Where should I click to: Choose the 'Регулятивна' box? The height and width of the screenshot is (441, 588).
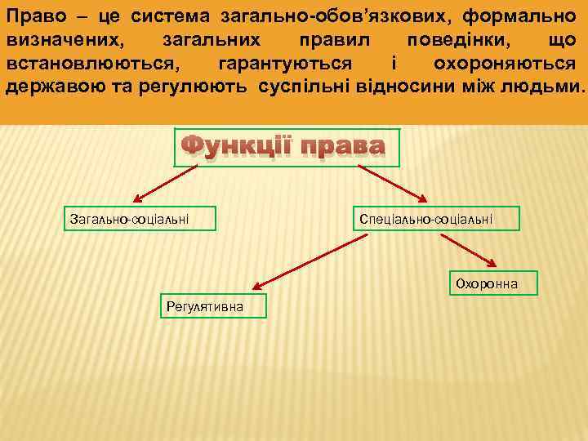tap(203, 306)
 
